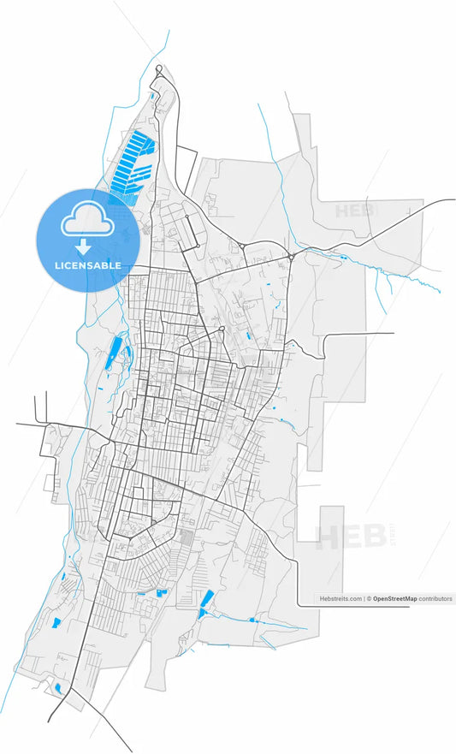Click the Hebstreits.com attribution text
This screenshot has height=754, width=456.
coord(341,599)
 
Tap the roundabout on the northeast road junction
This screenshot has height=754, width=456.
coord(291,256)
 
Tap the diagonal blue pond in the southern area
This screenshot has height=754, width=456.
coord(206,603)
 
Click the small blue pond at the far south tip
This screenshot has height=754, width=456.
coord(58,686)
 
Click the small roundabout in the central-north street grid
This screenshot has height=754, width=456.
coord(222,329)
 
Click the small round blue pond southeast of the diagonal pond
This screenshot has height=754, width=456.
coord(252,620)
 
